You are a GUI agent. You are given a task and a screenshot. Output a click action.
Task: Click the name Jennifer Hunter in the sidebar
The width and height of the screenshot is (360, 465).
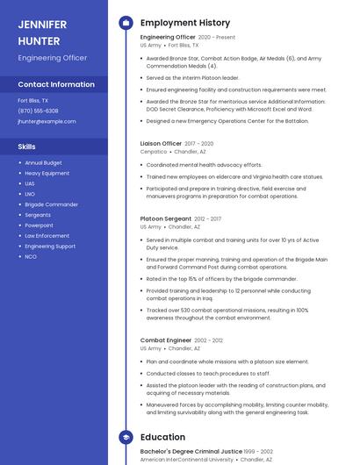(42, 32)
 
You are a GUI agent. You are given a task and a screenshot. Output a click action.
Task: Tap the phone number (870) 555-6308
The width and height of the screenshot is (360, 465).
(39, 111)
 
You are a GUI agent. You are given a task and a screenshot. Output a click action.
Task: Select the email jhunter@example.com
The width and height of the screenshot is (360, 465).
(47, 121)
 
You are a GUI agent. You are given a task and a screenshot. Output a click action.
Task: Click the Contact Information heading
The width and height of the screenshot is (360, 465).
(56, 84)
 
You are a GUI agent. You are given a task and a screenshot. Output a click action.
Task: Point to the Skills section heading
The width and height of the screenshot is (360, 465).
(27, 147)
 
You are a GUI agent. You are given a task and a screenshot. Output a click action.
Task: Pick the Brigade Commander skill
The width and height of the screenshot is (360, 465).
(51, 204)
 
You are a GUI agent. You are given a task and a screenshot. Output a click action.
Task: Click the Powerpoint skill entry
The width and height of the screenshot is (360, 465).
(39, 225)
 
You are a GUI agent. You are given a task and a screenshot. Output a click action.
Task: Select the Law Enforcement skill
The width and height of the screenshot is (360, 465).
(47, 236)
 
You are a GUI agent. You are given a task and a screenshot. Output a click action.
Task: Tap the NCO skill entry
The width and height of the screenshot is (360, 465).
(31, 257)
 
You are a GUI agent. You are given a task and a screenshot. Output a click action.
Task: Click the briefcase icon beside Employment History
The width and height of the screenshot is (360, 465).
(126, 23)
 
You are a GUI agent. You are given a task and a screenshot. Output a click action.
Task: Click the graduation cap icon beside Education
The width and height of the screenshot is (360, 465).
(126, 437)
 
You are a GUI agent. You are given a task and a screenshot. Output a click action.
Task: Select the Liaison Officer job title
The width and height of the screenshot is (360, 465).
(161, 143)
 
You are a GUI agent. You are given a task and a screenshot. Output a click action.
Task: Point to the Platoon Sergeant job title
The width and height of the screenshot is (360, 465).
(165, 218)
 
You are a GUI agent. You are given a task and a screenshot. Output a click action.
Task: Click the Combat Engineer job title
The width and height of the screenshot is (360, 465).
(165, 340)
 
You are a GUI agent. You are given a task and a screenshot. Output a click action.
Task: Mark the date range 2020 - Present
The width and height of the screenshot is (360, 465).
(217, 38)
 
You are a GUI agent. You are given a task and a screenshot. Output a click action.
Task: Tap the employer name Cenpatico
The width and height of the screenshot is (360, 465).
(154, 152)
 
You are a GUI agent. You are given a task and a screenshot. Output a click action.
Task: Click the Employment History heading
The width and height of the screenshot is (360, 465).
(185, 23)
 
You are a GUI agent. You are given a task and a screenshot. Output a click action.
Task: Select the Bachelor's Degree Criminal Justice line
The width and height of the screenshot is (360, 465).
(191, 450)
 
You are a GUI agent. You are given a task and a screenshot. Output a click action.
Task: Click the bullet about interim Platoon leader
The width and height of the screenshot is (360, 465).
(192, 78)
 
